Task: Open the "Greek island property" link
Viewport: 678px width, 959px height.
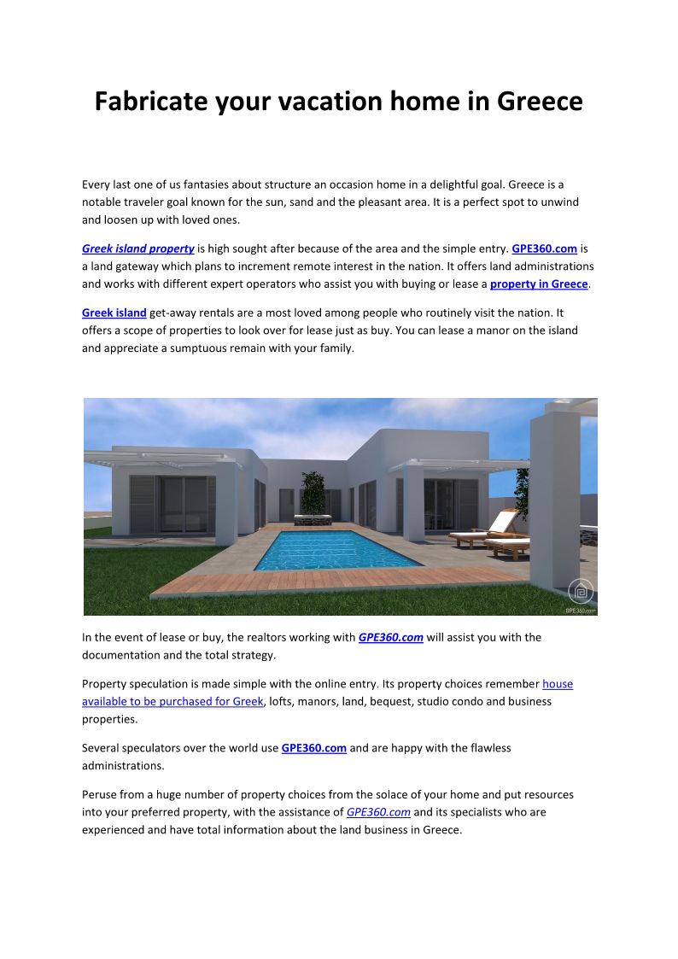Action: click(x=137, y=249)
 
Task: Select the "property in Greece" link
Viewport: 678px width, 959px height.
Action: click(x=539, y=284)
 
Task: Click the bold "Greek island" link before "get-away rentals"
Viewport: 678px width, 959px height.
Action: click(x=114, y=313)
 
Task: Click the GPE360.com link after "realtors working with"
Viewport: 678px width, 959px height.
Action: click(x=391, y=637)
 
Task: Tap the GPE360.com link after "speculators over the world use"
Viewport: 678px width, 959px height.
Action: click(x=314, y=748)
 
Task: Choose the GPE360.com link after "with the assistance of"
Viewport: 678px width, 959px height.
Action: click(x=378, y=812)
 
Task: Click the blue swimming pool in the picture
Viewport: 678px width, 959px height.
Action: click(x=337, y=548)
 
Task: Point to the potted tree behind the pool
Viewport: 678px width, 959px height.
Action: click(x=313, y=493)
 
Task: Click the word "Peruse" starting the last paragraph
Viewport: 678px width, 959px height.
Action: click(x=102, y=794)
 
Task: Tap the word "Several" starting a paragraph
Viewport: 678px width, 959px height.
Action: click(x=102, y=748)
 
